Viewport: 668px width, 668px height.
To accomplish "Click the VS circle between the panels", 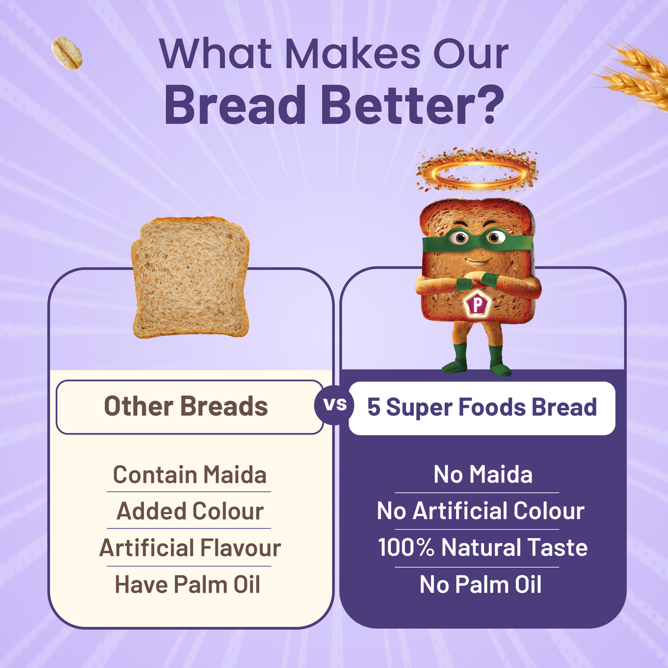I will click(334, 405).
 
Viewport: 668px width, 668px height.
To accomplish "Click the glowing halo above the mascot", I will click(477, 172).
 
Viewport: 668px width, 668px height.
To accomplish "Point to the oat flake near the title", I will click(67, 54).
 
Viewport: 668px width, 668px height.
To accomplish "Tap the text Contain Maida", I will click(190, 475).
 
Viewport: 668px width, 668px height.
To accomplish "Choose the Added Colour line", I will click(190, 511).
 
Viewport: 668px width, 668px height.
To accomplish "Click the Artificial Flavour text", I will click(190, 548).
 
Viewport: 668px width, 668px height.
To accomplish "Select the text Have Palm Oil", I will click(187, 584).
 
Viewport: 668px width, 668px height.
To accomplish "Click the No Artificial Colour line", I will click(480, 511).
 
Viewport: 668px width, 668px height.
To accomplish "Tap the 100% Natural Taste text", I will click(482, 548).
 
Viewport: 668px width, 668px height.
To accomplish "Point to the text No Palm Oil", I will click(480, 584).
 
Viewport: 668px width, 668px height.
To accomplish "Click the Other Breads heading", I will click(186, 407).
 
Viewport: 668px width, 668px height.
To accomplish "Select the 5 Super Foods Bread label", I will click(482, 408).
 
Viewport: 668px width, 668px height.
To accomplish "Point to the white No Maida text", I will click(483, 475).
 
